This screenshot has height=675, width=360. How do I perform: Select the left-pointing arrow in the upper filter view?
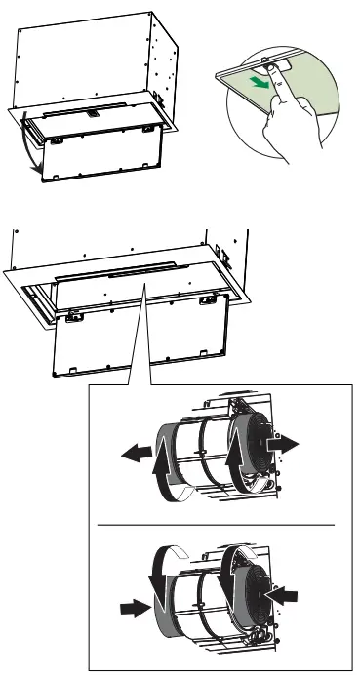[x=137, y=451]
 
